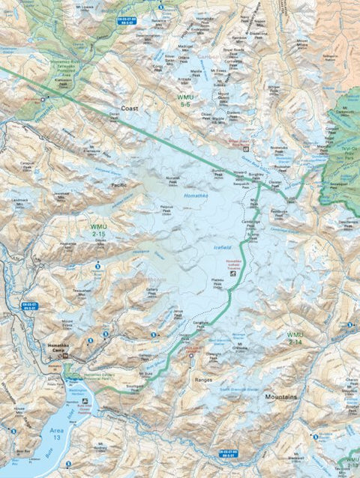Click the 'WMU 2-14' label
295,337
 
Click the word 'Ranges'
203,380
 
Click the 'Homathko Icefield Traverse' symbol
232,274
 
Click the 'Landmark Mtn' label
19,202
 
